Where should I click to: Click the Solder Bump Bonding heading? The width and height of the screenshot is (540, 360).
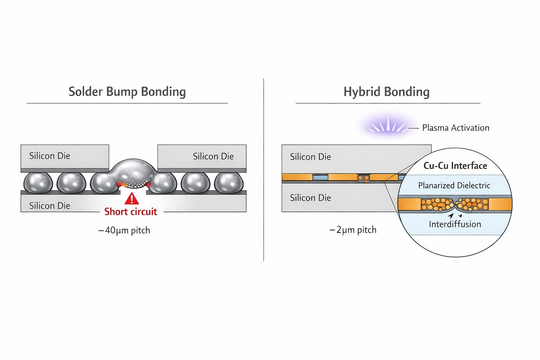click(x=127, y=92)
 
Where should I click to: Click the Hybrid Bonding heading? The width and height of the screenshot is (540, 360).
click(x=386, y=92)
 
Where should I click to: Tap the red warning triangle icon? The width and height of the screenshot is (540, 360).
click(x=132, y=199)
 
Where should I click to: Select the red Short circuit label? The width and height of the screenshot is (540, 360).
click(x=131, y=212)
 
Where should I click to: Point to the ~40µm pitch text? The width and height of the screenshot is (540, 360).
click(x=124, y=230)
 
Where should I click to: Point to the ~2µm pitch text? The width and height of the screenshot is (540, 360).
click(x=353, y=230)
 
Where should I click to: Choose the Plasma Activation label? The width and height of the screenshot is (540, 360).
click(x=455, y=128)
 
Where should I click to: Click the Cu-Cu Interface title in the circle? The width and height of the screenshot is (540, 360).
click(x=455, y=166)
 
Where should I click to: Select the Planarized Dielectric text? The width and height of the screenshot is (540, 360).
click(x=454, y=185)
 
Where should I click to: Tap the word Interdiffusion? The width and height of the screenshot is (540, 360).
click(x=455, y=224)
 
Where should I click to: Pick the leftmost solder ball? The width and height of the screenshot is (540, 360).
click(x=38, y=183)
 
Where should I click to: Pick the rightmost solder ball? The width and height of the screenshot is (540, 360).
click(x=229, y=183)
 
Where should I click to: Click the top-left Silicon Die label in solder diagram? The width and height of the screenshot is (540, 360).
click(x=50, y=156)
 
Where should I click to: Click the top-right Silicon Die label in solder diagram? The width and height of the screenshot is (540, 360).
click(x=213, y=156)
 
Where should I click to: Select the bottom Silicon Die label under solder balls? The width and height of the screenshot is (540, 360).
click(x=50, y=205)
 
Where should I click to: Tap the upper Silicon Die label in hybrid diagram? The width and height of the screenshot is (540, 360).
click(x=310, y=157)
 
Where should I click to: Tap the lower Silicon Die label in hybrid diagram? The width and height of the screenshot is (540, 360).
click(x=310, y=198)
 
